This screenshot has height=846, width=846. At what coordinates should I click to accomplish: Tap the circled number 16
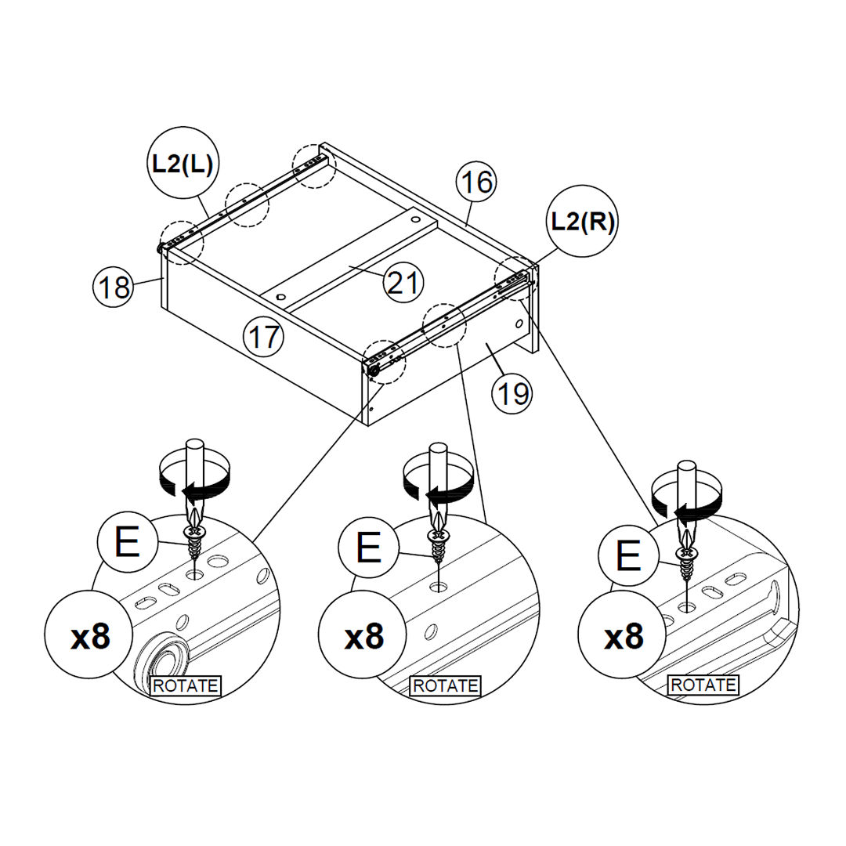pos(476,182)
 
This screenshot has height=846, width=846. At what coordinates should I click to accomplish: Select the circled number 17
pos(263,337)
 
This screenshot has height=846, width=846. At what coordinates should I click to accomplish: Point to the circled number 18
pos(114,287)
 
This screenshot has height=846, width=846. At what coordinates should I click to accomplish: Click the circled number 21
pos(403,282)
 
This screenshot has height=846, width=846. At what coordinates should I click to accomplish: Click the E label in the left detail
pos(127,542)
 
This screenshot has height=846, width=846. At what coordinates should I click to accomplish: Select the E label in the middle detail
pos(368,549)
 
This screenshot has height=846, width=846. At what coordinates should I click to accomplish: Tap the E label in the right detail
pos(627,557)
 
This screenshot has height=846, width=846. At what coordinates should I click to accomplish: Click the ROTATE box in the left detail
pos(186,685)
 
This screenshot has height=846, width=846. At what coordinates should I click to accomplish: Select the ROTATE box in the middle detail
pos(445,685)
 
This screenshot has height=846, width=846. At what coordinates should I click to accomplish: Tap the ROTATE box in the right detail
pos(703,685)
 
